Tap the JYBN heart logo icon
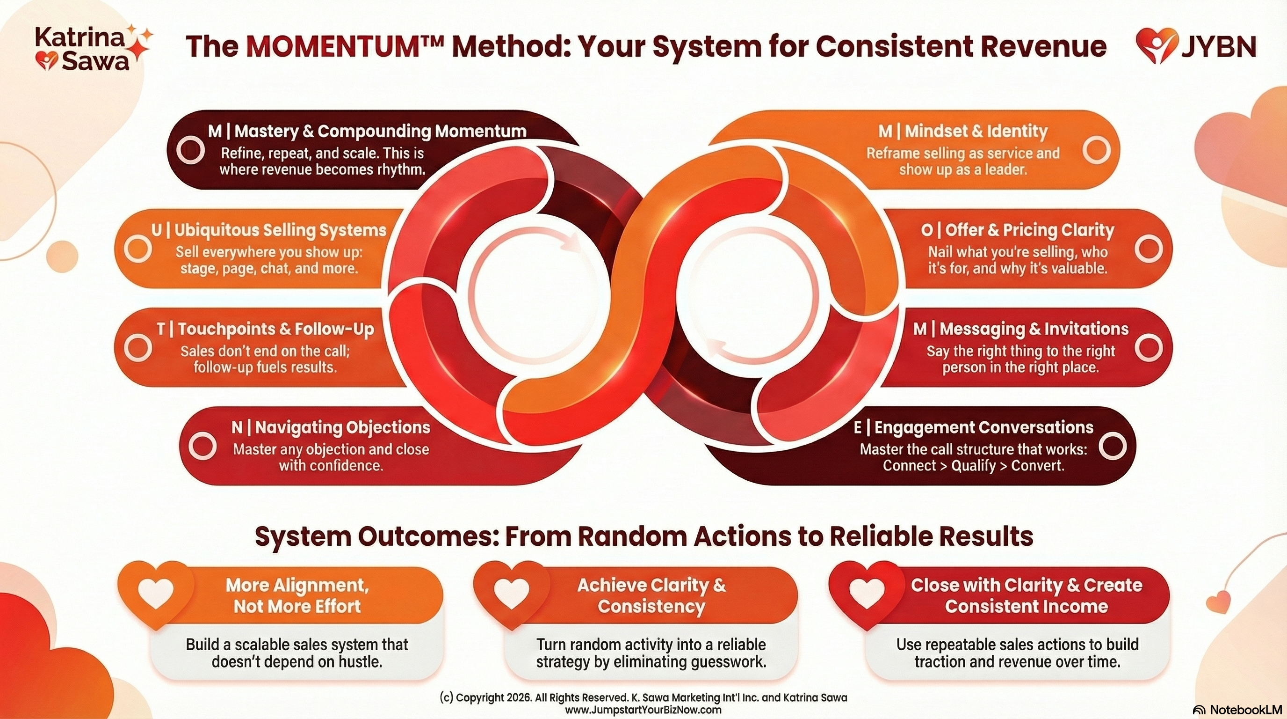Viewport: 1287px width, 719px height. [1156, 45]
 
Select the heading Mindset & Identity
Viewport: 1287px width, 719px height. [963, 131]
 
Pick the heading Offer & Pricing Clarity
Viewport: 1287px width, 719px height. [1018, 230]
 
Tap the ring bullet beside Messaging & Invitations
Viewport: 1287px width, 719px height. [1148, 347]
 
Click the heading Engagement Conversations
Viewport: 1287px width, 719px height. [973, 427]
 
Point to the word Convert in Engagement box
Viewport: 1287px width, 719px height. [1037, 465]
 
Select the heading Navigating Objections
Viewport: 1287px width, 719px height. [331, 427]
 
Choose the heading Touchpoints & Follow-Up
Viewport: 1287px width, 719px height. [265, 329]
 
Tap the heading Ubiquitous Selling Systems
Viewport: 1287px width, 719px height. [269, 230]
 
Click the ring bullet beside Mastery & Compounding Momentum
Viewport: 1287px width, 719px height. [191, 149]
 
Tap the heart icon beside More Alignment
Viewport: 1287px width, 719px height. [156, 594]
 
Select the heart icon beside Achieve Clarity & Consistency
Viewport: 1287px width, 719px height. [511, 594]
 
